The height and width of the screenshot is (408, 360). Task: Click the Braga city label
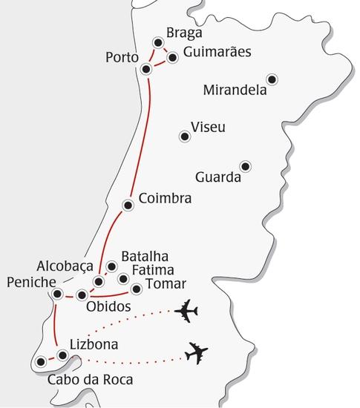(x=185, y=34)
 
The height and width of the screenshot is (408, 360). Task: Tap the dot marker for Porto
(x=146, y=69)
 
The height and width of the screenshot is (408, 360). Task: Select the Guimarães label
(x=216, y=53)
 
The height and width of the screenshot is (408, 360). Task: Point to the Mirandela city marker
(x=272, y=79)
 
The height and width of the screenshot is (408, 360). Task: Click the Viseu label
(x=208, y=128)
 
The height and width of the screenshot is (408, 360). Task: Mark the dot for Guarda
(x=245, y=165)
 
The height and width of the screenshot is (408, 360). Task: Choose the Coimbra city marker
(x=128, y=205)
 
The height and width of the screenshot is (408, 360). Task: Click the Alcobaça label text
(x=65, y=266)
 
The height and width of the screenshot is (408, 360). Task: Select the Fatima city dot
(x=123, y=279)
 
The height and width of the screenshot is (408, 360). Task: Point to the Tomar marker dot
(x=136, y=289)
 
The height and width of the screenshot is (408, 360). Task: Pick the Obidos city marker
(x=82, y=295)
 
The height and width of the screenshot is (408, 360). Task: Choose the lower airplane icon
(x=196, y=353)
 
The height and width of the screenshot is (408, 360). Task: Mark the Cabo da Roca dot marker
(x=40, y=362)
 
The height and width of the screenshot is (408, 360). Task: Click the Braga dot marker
(x=157, y=43)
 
